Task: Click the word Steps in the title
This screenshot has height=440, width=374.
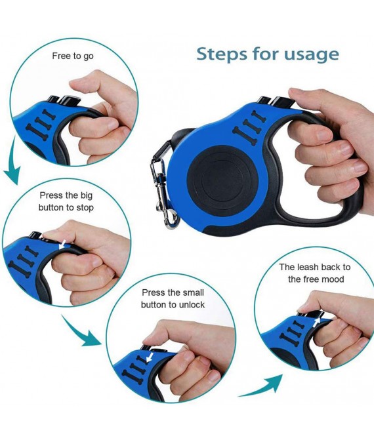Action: point(221,54)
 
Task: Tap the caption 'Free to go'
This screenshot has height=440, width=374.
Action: point(73,56)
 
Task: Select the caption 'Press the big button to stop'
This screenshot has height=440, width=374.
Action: point(66,201)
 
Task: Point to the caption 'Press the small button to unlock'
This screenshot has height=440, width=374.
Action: point(173,298)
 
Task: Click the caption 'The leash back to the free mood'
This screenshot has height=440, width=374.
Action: point(316,273)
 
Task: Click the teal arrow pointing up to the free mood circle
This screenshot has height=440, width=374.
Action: point(260,387)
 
